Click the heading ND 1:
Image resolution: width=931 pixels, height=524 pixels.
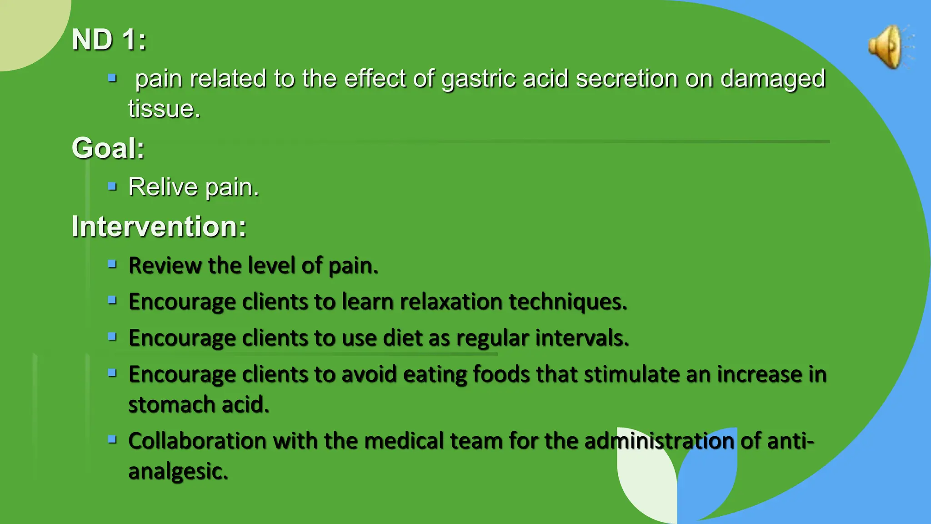point(109,40)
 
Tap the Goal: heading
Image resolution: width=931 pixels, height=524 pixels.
point(108,148)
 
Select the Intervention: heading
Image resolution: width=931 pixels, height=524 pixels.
point(159,227)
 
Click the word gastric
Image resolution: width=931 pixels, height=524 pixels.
point(478,79)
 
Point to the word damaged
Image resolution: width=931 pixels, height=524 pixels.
point(773,79)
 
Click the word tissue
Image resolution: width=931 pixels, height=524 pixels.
point(164,109)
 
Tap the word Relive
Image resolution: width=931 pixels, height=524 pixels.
point(163,187)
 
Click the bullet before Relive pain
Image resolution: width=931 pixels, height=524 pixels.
point(112,186)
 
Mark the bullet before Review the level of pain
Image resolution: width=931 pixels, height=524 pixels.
point(112,264)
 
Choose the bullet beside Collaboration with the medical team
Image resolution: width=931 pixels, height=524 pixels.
point(112,439)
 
